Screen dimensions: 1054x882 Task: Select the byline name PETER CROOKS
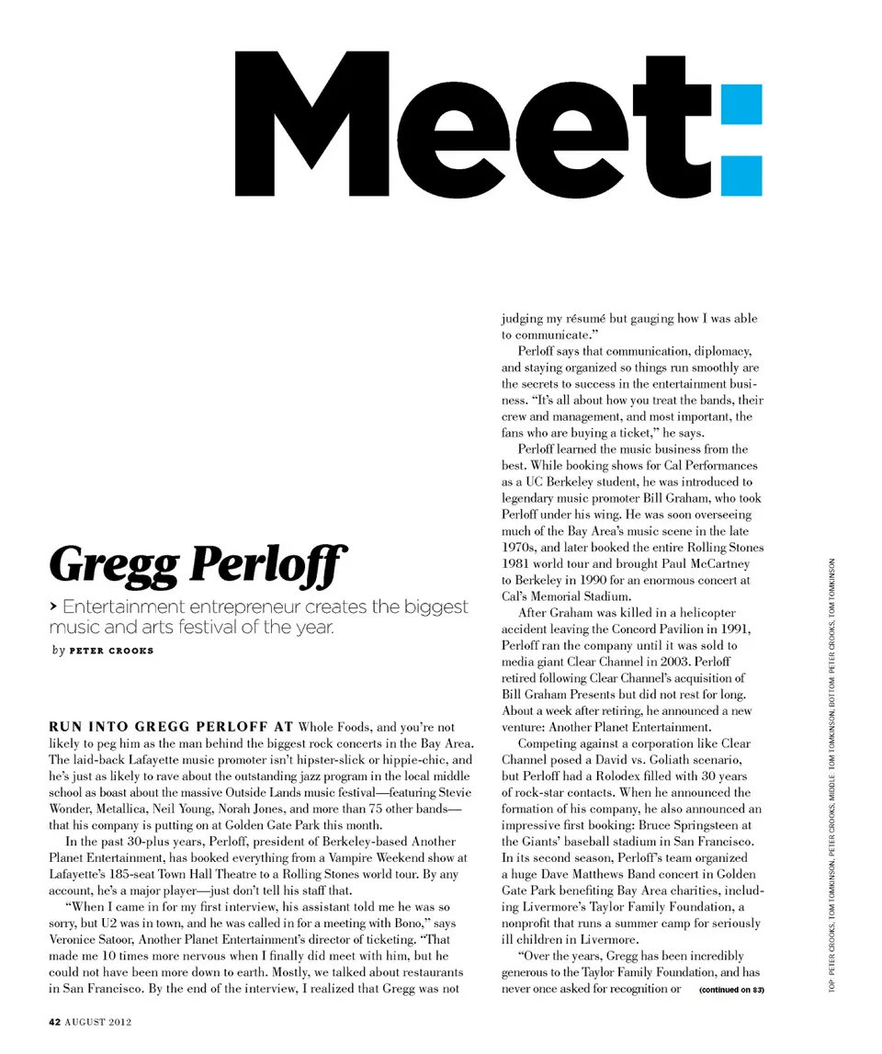coord(112,652)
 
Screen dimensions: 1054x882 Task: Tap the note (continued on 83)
coord(731,990)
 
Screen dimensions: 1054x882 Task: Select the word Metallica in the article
coord(105,809)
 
